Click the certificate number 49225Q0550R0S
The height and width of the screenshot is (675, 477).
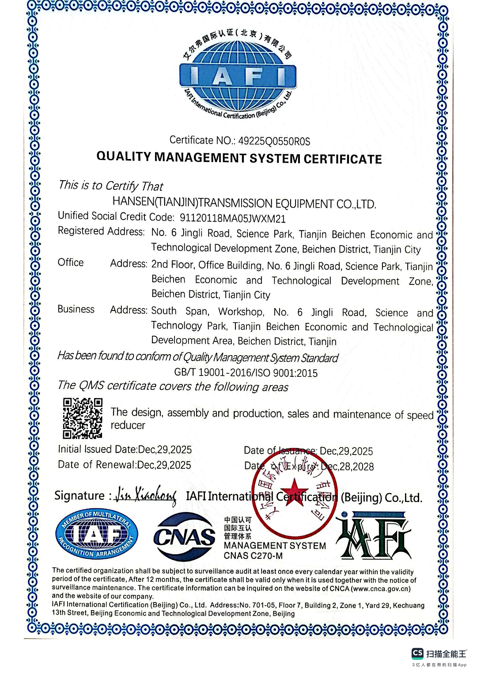click(274, 141)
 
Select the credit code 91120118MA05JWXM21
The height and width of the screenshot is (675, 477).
click(232, 218)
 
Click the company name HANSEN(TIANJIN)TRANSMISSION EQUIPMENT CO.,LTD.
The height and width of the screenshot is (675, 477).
click(244, 203)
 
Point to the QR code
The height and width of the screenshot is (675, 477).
click(83, 418)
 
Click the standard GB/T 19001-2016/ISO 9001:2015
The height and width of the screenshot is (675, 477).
click(246, 373)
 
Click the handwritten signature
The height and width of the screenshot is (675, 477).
click(145, 496)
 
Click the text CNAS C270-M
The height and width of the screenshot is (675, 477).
click(253, 556)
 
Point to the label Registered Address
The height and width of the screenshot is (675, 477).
click(101, 231)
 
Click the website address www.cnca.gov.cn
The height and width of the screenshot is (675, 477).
click(380, 589)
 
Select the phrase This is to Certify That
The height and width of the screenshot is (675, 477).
click(111, 186)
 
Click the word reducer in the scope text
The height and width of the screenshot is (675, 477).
click(128, 425)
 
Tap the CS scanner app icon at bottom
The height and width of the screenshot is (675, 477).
click(417, 653)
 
